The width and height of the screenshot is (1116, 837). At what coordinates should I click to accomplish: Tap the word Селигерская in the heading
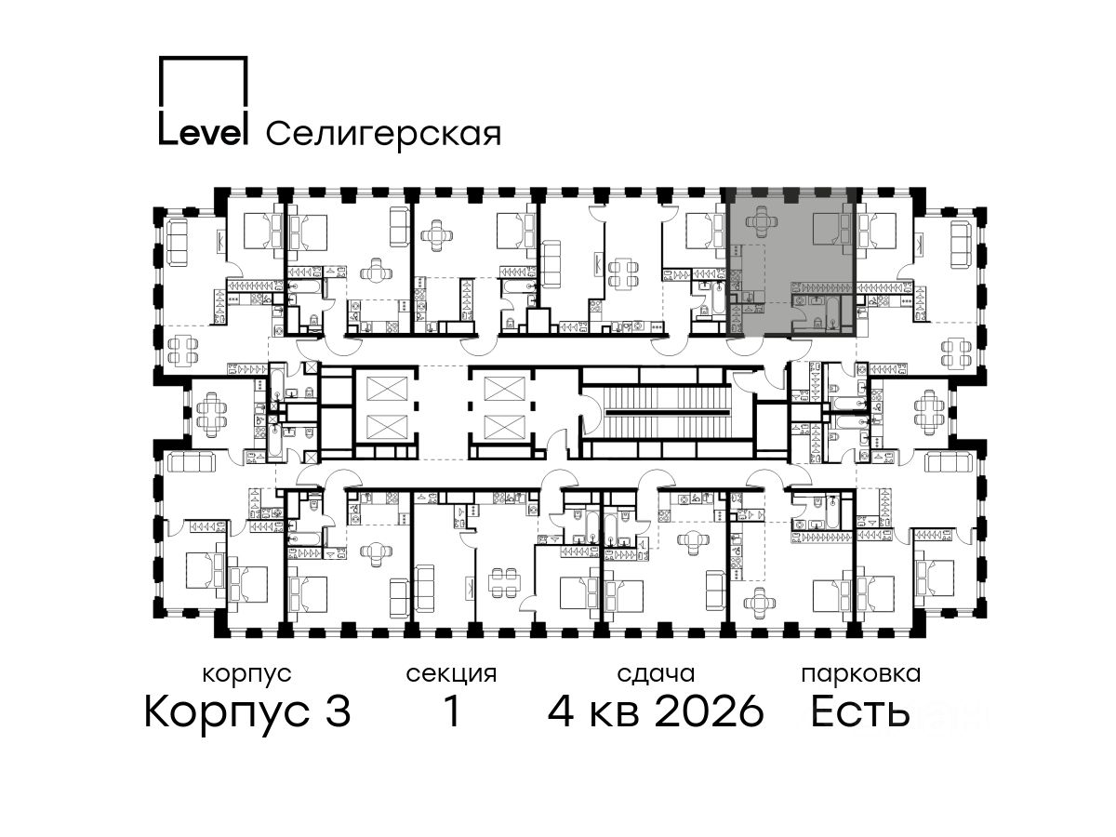click(383, 134)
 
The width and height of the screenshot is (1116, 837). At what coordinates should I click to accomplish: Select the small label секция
click(451, 674)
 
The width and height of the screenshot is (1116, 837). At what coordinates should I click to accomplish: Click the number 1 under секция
click(451, 711)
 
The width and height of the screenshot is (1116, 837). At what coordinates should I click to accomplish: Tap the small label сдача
click(656, 674)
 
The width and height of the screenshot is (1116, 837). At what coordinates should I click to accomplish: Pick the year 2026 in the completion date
click(710, 711)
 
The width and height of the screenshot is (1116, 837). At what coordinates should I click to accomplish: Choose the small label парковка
click(861, 674)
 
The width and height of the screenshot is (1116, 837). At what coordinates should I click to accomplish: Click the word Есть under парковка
click(859, 711)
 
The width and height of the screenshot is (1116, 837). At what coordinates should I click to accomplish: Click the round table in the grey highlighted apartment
click(761, 222)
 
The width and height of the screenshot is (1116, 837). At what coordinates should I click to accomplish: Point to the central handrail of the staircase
click(665, 413)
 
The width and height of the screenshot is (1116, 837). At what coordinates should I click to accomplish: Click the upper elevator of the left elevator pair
click(387, 388)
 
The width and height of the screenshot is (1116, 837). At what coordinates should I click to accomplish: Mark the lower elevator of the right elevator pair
click(504, 427)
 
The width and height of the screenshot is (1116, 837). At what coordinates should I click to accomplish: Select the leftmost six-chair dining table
click(210, 412)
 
